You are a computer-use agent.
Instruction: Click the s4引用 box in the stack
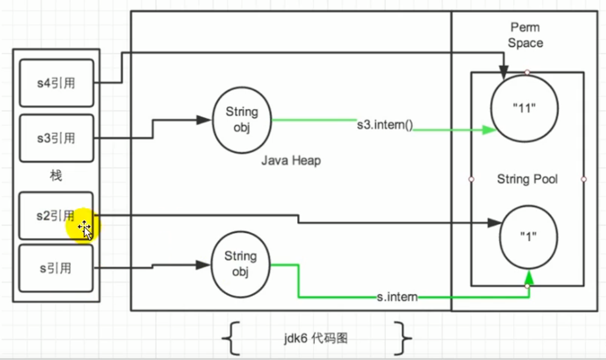click(56, 83)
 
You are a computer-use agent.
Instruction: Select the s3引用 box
click(56, 138)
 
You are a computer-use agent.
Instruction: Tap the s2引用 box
click(56, 215)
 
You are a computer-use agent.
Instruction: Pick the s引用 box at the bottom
click(56, 268)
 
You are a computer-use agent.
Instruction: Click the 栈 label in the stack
click(56, 176)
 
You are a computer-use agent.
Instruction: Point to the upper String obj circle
click(242, 119)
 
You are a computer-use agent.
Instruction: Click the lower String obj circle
click(240, 263)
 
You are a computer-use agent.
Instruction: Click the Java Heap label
click(291, 161)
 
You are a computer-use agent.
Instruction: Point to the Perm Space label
click(525, 35)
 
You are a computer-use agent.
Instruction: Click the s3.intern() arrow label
click(384, 125)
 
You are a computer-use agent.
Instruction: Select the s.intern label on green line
click(397, 297)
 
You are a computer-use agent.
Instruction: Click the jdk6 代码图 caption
click(315, 339)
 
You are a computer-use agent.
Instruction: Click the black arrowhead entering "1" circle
click(494, 223)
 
